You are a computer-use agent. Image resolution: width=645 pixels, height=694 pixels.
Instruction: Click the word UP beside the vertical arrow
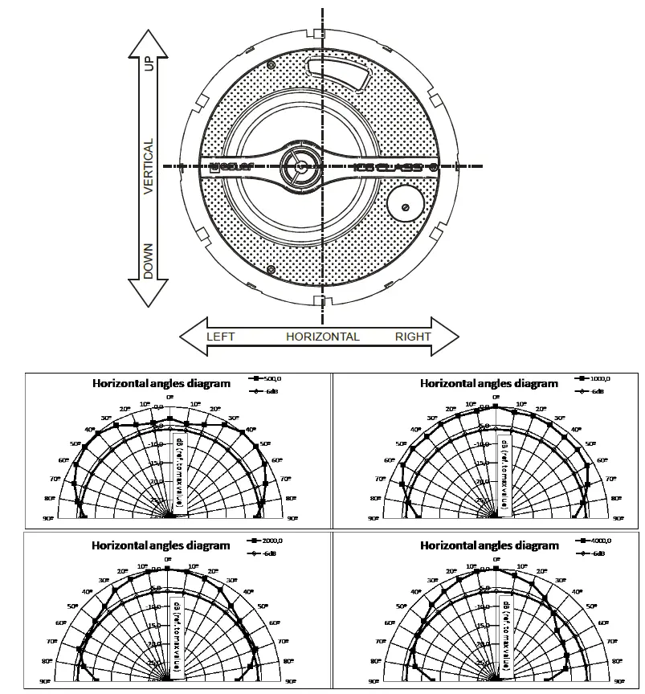click(149, 65)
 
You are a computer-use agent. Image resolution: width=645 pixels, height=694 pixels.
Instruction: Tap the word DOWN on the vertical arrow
click(149, 261)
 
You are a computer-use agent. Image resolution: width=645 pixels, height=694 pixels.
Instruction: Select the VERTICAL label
click(149, 166)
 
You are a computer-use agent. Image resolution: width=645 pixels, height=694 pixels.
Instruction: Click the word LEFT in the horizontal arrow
click(221, 337)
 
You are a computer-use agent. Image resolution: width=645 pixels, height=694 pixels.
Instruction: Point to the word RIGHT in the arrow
click(413, 337)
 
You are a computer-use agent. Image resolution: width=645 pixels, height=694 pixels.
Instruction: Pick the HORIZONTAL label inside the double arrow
click(322, 337)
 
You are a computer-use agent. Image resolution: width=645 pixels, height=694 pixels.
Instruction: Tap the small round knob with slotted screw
click(405, 206)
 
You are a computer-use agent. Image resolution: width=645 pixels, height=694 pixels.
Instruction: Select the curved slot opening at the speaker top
click(337, 72)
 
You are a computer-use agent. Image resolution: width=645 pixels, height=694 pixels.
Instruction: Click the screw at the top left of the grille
click(271, 65)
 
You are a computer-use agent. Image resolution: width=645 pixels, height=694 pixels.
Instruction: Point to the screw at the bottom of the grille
click(271, 269)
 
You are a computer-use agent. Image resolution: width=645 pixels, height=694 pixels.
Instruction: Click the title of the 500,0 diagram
click(161, 383)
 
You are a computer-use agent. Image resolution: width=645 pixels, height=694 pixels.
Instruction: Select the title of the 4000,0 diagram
click(488, 545)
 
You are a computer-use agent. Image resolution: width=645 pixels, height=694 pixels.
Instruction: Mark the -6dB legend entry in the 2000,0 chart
click(266, 553)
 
